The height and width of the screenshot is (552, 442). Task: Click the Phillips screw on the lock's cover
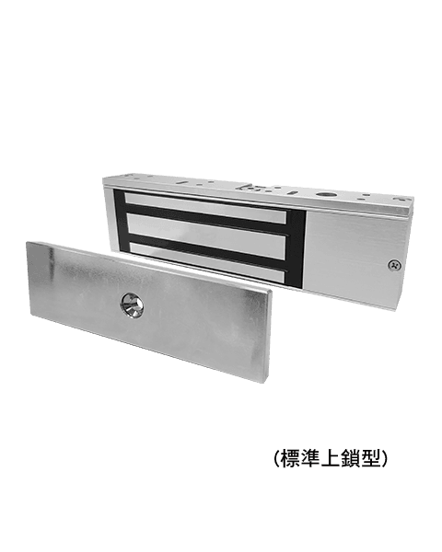pyautogui.click(x=394, y=265)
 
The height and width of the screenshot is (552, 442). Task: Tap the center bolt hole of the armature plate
pyautogui.click(x=133, y=305)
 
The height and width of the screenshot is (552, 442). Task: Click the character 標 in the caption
pyautogui.click(x=290, y=459)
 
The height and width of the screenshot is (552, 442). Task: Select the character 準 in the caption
pyautogui.click(x=311, y=459)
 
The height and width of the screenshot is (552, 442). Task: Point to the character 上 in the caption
pyautogui.click(x=331, y=459)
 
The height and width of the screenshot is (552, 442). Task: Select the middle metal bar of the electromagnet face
pyautogui.click(x=206, y=235)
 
